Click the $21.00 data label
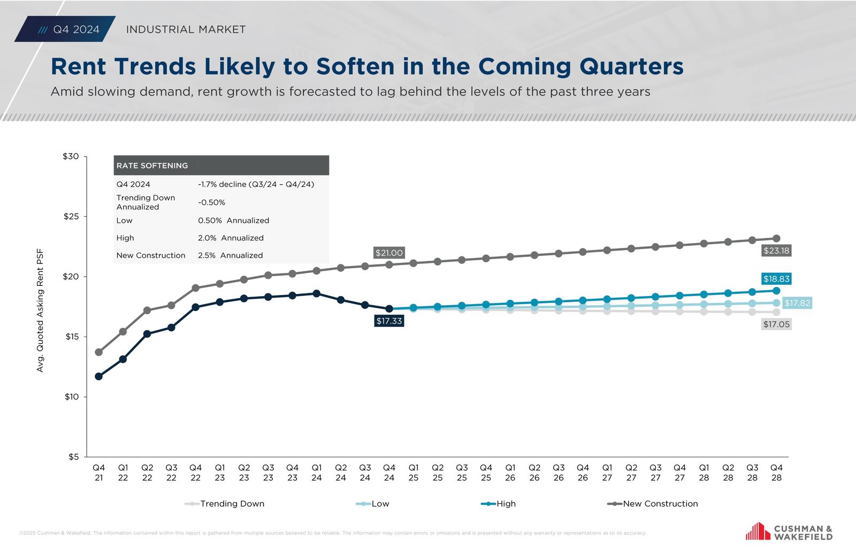click(x=389, y=253)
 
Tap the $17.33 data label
click(x=389, y=321)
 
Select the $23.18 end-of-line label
click(x=776, y=251)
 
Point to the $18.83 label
click(x=776, y=279)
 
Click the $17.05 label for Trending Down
click(x=776, y=324)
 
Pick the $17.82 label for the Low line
click(x=797, y=303)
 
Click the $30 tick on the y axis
click(x=71, y=157)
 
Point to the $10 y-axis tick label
click(x=72, y=396)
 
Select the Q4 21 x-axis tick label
click(x=99, y=473)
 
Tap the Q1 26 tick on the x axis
click(x=510, y=473)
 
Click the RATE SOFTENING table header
click(x=152, y=166)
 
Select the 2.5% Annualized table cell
click(x=231, y=255)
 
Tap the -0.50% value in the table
click(x=212, y=202)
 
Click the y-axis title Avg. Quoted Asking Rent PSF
click(x=40, y=310)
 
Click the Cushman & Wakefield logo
click(x=789, y=532)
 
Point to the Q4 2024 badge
click(x=66, y=29)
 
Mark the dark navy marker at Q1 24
click(x=317, y=293)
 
